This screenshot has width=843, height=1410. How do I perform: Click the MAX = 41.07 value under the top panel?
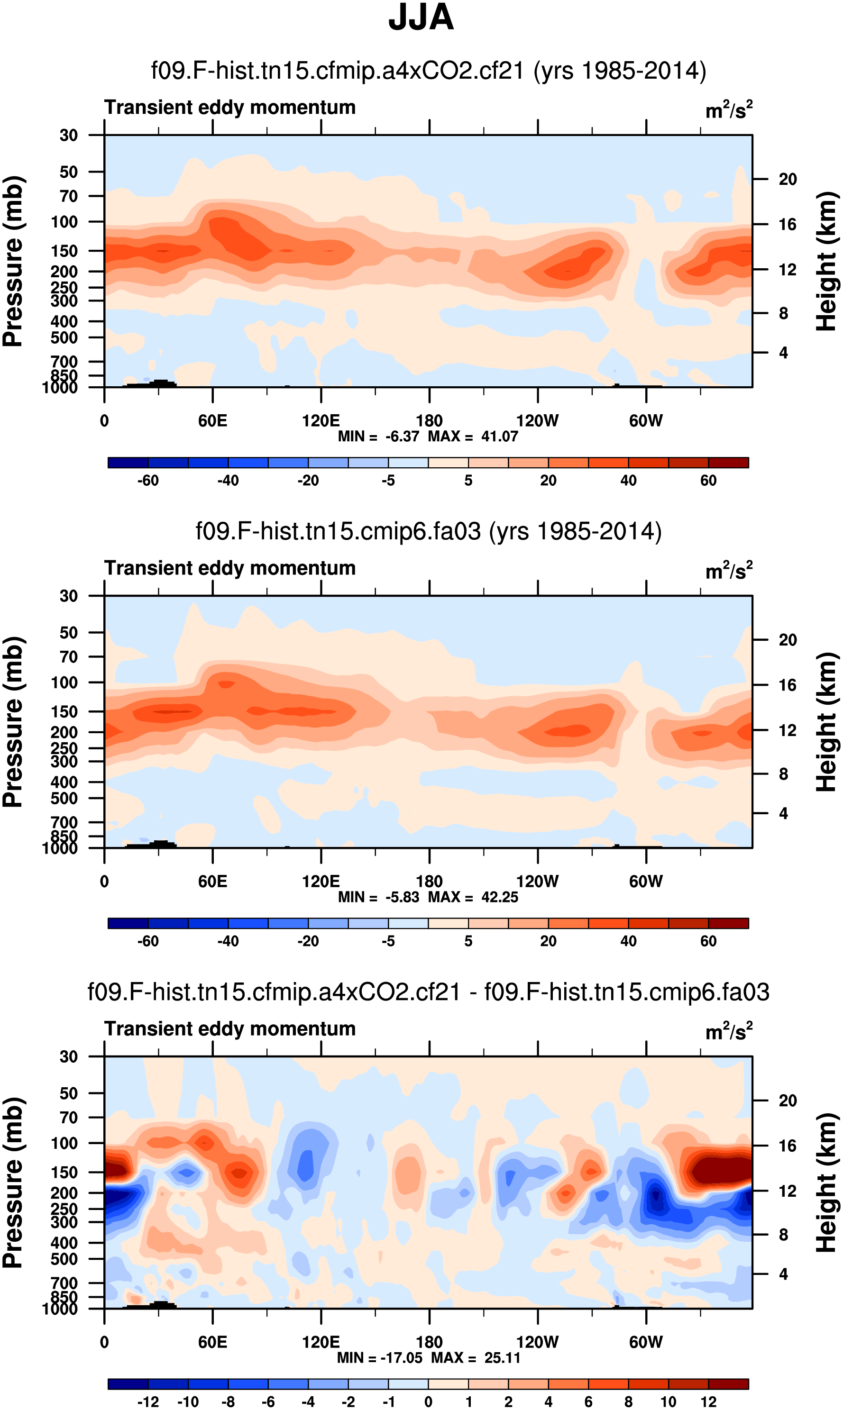click(x=473, y=436)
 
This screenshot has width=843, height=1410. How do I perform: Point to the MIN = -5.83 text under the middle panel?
click(x=378, y=897)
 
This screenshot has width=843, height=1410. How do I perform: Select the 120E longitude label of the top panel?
click(x=321, y=421)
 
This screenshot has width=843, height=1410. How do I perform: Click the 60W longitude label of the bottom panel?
click(x=646, y=1342)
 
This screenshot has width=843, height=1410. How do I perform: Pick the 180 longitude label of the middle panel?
click(x=429, y=882)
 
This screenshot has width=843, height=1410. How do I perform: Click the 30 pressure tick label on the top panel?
click(x=69, y=135)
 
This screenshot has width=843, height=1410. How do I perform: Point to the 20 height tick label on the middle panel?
click(x=788, y=640)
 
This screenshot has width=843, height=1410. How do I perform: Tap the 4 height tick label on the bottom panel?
click(x=783, y=1274)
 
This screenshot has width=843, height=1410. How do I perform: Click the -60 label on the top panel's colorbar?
click(x=148, y=481)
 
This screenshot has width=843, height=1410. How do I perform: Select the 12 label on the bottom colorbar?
click(x=708, y=1401)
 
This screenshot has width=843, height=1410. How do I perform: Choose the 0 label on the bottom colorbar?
click(x=428, y=1401)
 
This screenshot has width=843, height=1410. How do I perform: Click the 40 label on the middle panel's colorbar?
click(x=628, y=941)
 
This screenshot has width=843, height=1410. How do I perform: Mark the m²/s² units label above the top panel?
click(x=729, y=109)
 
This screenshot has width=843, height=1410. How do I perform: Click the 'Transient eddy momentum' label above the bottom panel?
click(x=229, y=1028)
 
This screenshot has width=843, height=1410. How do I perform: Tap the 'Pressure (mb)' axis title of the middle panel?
click(x=12, y=722)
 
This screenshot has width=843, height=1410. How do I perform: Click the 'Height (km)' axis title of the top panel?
click(x=826, y=261)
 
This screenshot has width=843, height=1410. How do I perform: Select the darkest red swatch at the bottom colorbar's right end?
click(x=728, y=1383)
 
